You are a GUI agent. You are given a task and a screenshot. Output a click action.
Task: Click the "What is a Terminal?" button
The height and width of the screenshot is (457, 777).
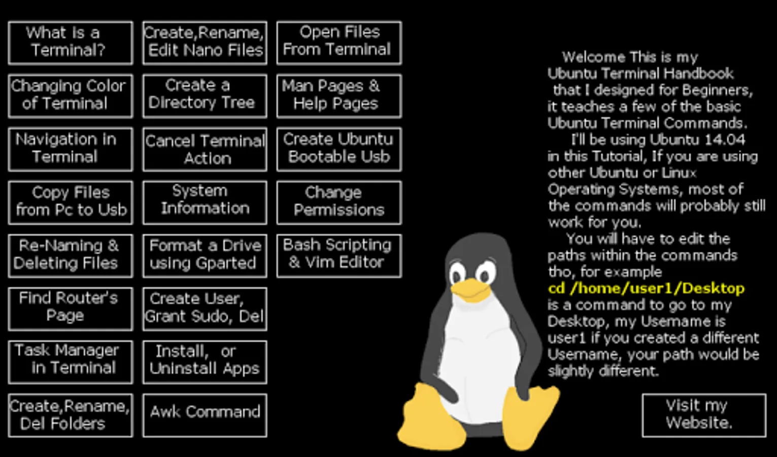tap(71, 43)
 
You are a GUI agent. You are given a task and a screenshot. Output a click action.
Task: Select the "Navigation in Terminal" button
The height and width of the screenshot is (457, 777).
tap(71, 149)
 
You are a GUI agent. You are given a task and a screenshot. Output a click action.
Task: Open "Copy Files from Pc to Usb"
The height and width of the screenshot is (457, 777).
tap(71, 202)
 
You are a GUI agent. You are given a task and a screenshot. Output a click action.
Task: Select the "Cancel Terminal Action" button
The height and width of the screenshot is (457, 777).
tap(205, 149)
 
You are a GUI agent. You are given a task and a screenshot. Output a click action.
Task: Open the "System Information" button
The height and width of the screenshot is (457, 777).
tap(205, 202)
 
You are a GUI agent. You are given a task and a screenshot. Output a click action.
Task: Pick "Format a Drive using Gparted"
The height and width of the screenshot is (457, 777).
tap(205, 255)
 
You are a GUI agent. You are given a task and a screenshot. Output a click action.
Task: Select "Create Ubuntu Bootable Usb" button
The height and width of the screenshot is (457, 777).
tap(339, 149)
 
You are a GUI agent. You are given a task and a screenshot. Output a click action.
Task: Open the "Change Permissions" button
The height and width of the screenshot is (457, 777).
tap(339, 202)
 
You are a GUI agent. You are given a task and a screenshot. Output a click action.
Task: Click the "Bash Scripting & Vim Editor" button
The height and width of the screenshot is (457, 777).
tap(339, 255)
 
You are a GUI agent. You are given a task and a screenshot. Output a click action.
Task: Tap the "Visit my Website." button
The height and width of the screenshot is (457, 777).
tap(703, 415)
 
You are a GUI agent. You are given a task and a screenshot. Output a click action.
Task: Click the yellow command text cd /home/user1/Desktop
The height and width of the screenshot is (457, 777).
tap(646, 288)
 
